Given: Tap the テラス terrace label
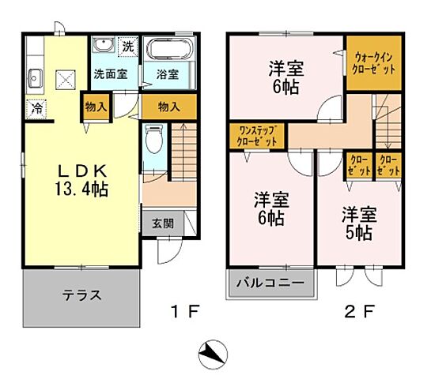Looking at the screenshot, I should pyautogui.click(x=81, y=296).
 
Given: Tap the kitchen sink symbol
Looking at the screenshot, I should pyautogui.click(x=36, y=77).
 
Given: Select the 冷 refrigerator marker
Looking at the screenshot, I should pyautogui.click(x=36, y=107).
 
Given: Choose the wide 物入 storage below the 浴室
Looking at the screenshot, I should pyautogui.click(x=168, y=105).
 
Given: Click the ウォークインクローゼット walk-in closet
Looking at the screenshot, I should pyautogui.click(x=374, y=62).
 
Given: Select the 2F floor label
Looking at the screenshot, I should pyautogui.click(x=356, y=310).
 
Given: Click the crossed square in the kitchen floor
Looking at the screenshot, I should pyautogui.click(x=66, y=78).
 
